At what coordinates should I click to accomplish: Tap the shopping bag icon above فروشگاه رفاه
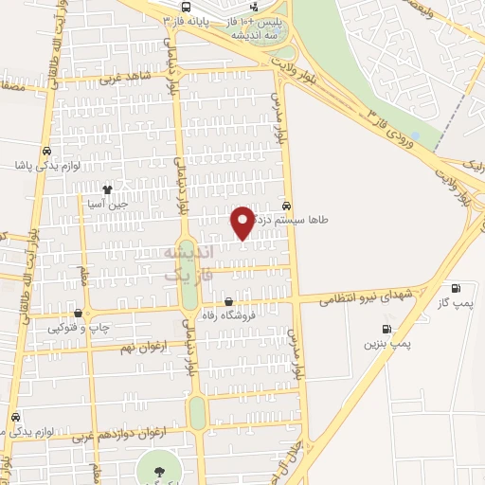click(x=228, y=303)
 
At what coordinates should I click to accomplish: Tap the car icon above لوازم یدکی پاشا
click(x=46, y=151)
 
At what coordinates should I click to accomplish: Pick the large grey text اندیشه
click(x=189, y=253)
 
